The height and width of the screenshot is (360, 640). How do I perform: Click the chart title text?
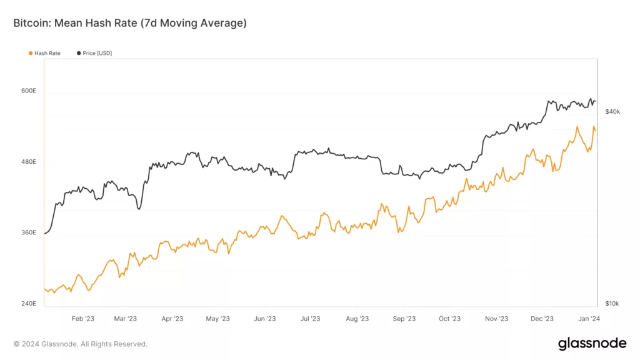[x=130, y=23]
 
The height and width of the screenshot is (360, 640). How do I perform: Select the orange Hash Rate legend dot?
[x=31, y=53]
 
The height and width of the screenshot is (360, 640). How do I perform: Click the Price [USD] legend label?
[x=97, y=53]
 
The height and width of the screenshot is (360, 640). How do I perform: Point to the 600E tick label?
[x=29, y=91]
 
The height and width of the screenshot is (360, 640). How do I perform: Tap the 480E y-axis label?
[x=29, y=162]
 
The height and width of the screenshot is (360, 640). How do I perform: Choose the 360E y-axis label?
[x=29, y=232]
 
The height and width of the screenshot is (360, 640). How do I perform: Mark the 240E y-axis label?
[x=29, y=304]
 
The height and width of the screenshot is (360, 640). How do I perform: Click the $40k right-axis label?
[x=612, y=112]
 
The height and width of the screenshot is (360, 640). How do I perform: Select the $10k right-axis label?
[x=612, y=304]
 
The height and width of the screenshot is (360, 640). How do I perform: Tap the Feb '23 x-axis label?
[x=82, y=319]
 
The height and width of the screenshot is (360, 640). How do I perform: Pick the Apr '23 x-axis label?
[x=172, y=319]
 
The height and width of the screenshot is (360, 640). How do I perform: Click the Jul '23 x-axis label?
[x=310, y=319]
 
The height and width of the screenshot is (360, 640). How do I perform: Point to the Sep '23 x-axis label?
[x=404, y=319]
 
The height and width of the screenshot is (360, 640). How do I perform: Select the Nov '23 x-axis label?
[x=496, y=319]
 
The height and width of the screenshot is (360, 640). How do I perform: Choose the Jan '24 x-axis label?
[x=589, y=319]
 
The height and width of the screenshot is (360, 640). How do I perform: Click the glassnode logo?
[x=591, y=343]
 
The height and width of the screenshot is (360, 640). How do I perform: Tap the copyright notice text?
[x=81, y=344]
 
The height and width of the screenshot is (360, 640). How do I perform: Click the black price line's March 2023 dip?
[x=139, y=209]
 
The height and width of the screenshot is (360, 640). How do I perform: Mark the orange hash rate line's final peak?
[x=593, y=127]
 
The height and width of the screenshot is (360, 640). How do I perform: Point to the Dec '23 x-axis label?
[x=542, y=319]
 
